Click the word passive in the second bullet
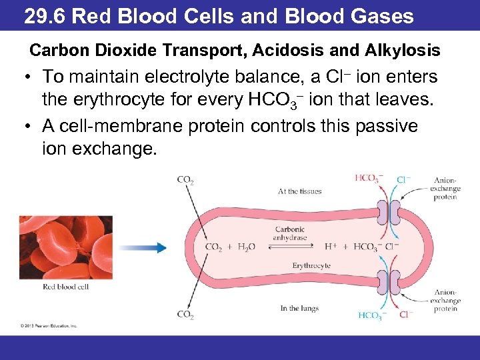pos(383,125)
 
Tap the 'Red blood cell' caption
pos(65,287)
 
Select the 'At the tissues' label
pos(299,191)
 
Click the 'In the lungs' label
pos(299,308)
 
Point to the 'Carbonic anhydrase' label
pos(289,233)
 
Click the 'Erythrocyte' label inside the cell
pos(311,266)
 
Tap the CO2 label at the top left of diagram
pos(185,179)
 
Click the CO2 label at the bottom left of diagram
pos(185,314)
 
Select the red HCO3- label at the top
pos(369,178)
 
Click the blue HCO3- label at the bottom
pos(371,316)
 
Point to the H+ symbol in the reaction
pos(331,247)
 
